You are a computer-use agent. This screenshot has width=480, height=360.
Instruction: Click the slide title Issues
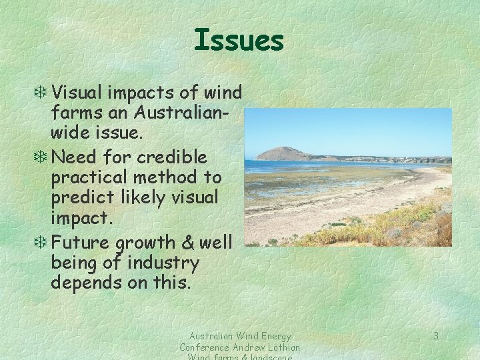[x=239, y=41]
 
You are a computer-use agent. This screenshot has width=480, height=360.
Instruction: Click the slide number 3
[x=435, y=336]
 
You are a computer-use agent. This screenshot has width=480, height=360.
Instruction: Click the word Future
[x=78, y=242]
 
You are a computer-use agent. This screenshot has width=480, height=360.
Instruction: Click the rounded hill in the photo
[x=283, y=153]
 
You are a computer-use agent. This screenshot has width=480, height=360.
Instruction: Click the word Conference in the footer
[x=205, y=347]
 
